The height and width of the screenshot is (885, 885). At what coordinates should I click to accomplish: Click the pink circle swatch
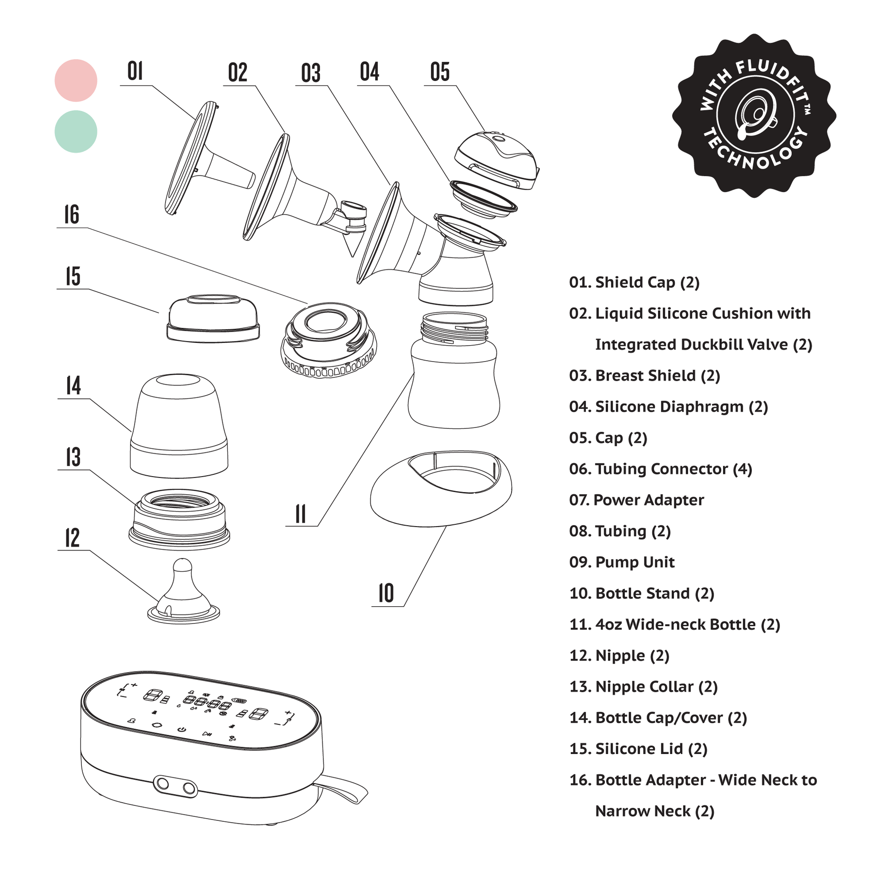tap(75, 80)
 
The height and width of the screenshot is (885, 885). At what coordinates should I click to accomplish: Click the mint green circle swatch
tap(75, 131)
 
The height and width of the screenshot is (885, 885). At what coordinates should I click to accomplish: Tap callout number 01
tap(135, 71)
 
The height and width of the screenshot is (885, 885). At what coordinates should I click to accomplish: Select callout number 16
tap(71, 214)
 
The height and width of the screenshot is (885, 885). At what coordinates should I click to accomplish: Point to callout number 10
tap(386, 593)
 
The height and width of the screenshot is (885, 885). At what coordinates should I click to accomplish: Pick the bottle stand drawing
tap(441, 488)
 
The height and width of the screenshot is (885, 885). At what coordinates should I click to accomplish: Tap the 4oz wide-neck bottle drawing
tap(453, 371)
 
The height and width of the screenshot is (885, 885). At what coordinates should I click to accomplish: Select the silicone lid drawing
tap(213, 318)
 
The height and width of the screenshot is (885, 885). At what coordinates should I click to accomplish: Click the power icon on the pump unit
tap(182, 729)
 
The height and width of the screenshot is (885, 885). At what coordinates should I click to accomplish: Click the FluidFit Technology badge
tap(754, 116)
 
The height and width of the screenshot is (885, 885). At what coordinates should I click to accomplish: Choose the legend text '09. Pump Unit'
tap(622, 562)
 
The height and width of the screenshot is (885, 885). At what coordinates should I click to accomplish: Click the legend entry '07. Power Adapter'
tap(636, 500)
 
